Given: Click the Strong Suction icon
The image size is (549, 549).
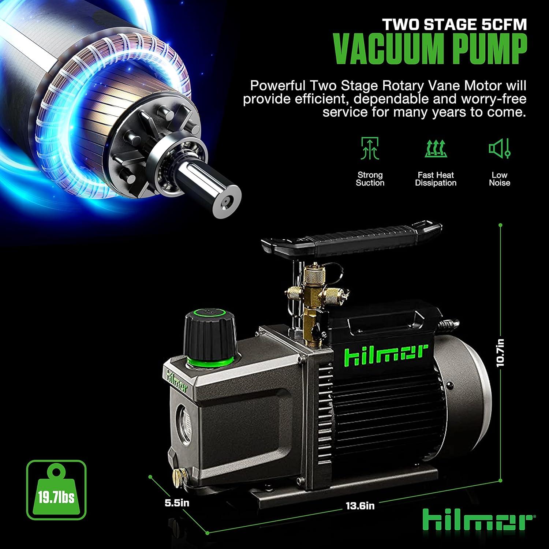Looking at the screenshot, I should (370, 149).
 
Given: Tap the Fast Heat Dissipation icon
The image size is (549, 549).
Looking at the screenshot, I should (436, 149).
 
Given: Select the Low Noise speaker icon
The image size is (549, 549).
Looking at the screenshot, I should (500, 149).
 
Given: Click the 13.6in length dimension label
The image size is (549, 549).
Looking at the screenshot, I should (360, 506).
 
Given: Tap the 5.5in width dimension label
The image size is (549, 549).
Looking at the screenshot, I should (177, 503).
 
